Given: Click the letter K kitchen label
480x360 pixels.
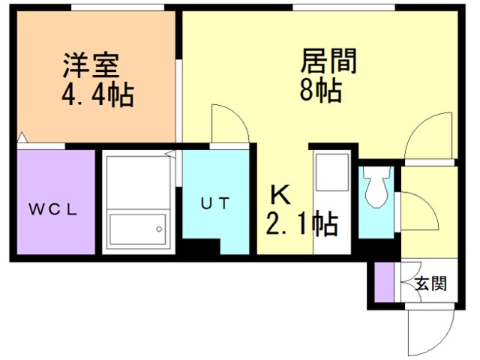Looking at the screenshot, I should tap(279, 196).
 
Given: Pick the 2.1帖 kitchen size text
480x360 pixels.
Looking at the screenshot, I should tap(301, 223).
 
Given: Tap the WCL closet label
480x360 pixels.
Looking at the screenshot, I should tap(53, 209).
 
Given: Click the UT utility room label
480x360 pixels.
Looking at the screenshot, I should tap(214, 203).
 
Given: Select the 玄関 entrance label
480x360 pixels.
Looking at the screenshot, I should tap(431, 284).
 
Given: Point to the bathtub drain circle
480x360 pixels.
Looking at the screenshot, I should tap(159, 228).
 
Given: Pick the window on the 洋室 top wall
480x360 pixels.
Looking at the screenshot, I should tap(118, 8).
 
